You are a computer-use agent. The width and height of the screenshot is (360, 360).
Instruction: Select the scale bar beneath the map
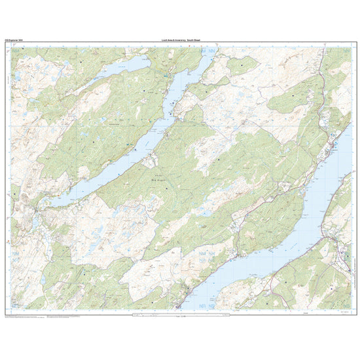[x=180, y=315]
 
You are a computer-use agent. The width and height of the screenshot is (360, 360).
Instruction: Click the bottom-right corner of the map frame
[x=351, y=310]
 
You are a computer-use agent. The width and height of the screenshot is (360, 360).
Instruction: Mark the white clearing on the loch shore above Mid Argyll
[x=152, y=159]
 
